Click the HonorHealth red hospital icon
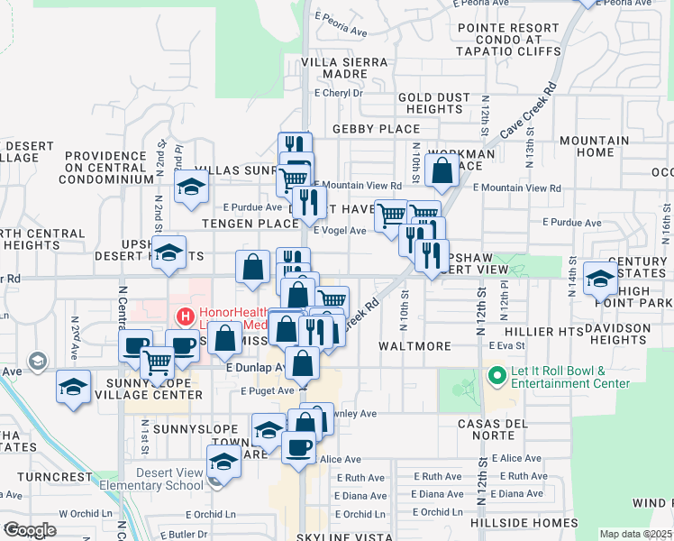coord(186,316)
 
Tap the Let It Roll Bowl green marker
coord(496,374)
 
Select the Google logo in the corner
coord(30,530)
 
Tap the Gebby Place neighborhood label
coord(377,129)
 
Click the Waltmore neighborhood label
coord(414,346)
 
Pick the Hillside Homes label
coord(524,523)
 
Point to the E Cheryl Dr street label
coord(338,93)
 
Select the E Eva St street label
coord(506,345)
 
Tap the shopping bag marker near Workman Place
coord(442,170)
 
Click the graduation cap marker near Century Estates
coord(600,279)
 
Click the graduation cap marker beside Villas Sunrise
coord(192,188)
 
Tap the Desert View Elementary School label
coord(171,479)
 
